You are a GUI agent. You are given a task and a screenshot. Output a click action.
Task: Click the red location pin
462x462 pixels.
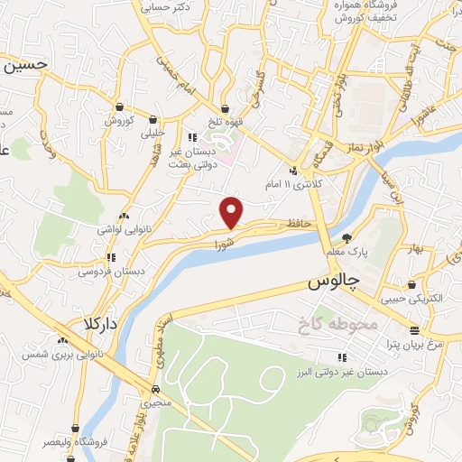(232, 211)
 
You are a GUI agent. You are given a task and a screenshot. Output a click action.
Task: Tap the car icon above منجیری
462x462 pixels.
(155, 389)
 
